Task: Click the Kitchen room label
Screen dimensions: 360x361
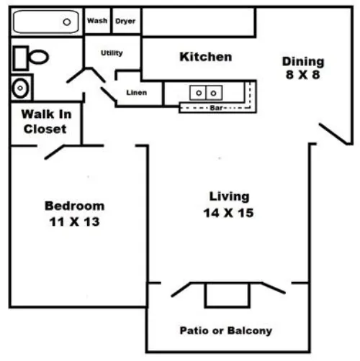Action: pos(206,57)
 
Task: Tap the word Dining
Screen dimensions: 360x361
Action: pos(303,61)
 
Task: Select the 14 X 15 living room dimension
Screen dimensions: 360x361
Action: pos(228,213)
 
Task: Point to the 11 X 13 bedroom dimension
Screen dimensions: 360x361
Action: pos(74,221)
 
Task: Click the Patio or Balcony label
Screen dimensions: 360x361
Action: pos(226,331)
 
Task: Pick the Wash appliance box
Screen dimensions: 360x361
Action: pos(97,21)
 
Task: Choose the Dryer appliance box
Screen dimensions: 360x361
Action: pos(125,21)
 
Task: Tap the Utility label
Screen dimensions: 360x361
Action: pos(112,52)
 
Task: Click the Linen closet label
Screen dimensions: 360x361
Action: pos(137,93)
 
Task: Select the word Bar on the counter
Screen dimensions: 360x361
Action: pos(216,108)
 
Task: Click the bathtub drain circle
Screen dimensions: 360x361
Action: pos(67,22)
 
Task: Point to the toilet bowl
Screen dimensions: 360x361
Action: pos(38,57)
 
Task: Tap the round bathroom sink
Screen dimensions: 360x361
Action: pos(20,88)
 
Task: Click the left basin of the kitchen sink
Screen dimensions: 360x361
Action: pos(198,93)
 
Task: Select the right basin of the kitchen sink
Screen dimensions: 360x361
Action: pos(214,93)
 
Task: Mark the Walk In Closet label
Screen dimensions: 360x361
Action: pos(46,122)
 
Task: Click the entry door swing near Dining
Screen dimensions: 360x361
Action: pos(333,134)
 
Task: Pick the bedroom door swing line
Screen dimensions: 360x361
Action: pos(55,152)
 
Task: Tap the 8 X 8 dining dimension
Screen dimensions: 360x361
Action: pos(303,75)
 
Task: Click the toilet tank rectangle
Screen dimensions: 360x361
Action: pos(21,58)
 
